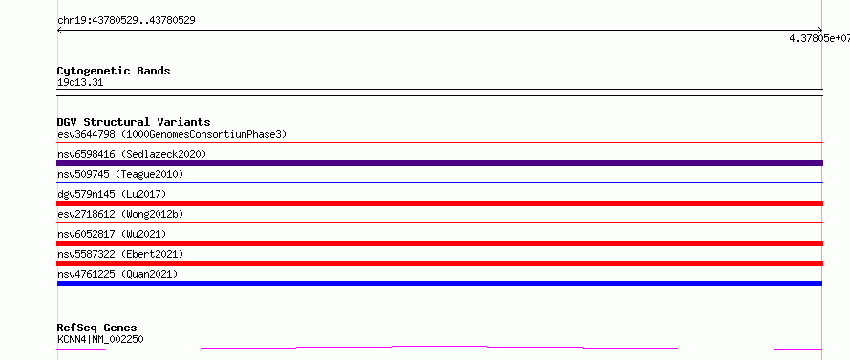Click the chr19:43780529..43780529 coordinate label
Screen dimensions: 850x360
click(126, 21)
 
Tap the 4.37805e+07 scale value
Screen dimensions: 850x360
click(819, 38)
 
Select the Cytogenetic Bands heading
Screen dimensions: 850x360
click(114, 71)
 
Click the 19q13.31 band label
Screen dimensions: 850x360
click(80, 83)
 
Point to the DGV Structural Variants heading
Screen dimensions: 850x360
click(134, 122)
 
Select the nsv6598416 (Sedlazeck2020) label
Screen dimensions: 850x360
click(132, 154)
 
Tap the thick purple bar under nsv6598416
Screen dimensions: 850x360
click(440, 163)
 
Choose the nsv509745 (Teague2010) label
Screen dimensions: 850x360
click(120, 174)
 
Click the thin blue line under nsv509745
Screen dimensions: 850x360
click(440, 182)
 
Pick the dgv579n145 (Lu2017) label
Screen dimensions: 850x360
click(112, 194)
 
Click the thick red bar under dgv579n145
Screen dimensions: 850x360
click(440, 203)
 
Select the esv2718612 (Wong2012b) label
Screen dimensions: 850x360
click(120, 214)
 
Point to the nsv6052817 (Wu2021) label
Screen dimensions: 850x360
click(112, 234)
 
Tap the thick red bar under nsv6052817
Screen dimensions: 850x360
click(440, 244)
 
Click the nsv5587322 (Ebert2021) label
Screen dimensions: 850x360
click(120, 254)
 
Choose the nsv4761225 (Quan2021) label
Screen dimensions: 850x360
click(117, 274)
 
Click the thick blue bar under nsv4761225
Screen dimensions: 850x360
click(439, 284)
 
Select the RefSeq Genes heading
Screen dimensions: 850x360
click(97, 328)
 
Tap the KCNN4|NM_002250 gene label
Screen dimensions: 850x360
click(100, 339)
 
